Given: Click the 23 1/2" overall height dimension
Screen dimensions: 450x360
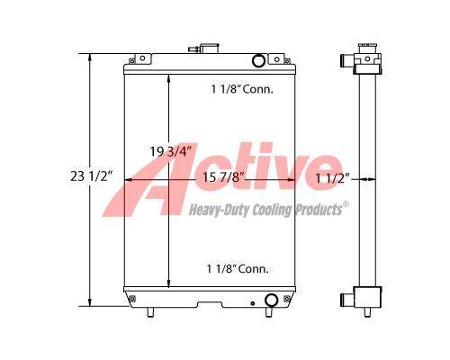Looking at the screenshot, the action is [x=92, y=176].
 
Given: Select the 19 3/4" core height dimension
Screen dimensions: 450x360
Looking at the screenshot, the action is [x=170, y=151].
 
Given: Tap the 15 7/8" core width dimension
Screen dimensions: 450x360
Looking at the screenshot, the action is [x=221, y=177].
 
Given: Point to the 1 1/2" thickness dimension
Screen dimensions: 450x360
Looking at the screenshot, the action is [x=333, y=178].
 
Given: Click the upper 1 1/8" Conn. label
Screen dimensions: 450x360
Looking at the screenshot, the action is [x=242, y=89].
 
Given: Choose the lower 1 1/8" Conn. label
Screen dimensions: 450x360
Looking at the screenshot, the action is [x=238, y=268].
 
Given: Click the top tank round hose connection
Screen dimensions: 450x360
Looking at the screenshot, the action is [x=258, y=60].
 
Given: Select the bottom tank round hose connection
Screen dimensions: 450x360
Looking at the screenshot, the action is [x=271, y=300].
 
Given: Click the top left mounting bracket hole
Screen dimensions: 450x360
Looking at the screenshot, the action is [x=142, y=58].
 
